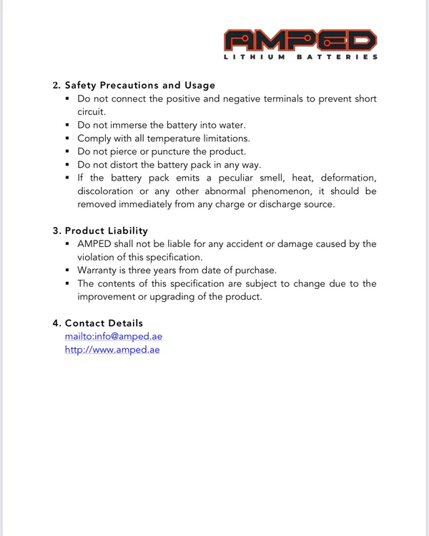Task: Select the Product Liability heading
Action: tap(107, 231)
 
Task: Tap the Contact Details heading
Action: tap(104, 323)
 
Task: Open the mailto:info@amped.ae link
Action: tap(114, 337)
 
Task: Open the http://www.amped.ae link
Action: tap(112, 350)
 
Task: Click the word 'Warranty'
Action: tap(99, 270)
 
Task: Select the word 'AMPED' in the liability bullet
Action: tap(94, 244)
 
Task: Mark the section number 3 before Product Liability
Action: tap(56, 231)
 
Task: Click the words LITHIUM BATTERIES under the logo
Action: tap(300, 57)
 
